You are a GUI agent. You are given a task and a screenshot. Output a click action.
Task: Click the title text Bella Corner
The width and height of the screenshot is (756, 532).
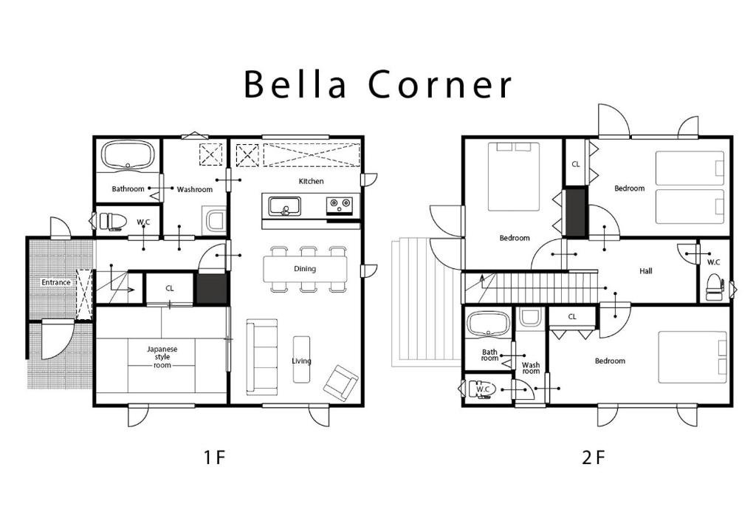377,83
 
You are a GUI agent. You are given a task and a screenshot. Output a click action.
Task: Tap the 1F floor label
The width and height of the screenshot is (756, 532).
214,457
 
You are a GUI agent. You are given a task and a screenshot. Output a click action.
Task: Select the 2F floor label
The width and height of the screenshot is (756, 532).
593,457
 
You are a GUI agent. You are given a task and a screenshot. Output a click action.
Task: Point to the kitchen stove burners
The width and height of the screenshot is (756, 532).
340,205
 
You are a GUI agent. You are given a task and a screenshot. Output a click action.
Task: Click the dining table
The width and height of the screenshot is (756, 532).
305,269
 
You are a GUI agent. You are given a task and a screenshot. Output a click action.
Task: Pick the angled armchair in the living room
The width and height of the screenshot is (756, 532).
341,382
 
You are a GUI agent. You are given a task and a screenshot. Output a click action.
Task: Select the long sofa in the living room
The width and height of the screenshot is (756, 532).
262,357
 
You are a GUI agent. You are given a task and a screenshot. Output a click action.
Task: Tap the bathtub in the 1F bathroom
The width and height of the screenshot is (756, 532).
128,155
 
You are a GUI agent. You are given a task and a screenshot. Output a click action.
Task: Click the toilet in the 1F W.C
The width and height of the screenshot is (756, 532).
113,222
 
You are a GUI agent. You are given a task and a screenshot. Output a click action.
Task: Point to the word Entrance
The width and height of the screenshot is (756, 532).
56,282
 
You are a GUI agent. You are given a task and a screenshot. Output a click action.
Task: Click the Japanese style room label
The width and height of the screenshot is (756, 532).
162,357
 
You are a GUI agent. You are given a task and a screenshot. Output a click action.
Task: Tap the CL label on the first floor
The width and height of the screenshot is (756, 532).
169,288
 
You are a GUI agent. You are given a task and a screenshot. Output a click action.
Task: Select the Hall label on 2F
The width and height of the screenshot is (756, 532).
646,271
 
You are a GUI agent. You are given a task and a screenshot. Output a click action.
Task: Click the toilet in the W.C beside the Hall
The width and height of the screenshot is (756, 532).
715,287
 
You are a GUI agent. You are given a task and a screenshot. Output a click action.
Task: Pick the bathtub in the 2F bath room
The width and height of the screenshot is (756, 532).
489,324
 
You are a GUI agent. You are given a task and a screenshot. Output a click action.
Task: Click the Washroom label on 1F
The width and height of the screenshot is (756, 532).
195,190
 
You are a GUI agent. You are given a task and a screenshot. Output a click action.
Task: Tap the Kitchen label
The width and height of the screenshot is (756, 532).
312,181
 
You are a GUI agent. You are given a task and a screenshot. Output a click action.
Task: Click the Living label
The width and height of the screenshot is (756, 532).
301,361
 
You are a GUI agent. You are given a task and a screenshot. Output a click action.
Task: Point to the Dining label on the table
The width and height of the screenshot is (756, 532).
305,269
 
